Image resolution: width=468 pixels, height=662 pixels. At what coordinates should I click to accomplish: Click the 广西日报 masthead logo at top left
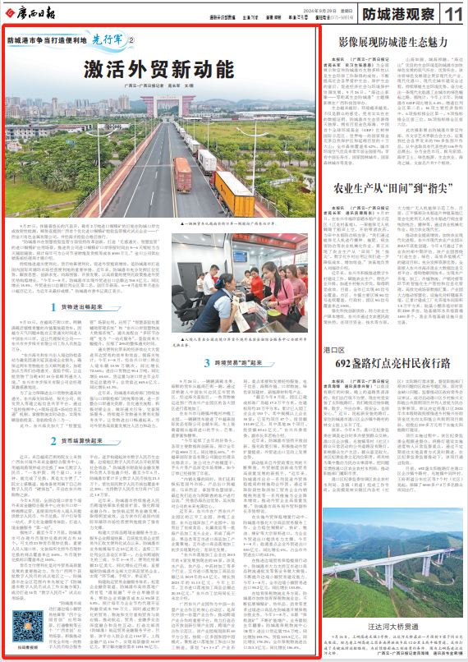coord(29,11)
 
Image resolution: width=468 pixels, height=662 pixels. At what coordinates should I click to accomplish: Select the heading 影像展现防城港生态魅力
coord(393,40)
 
